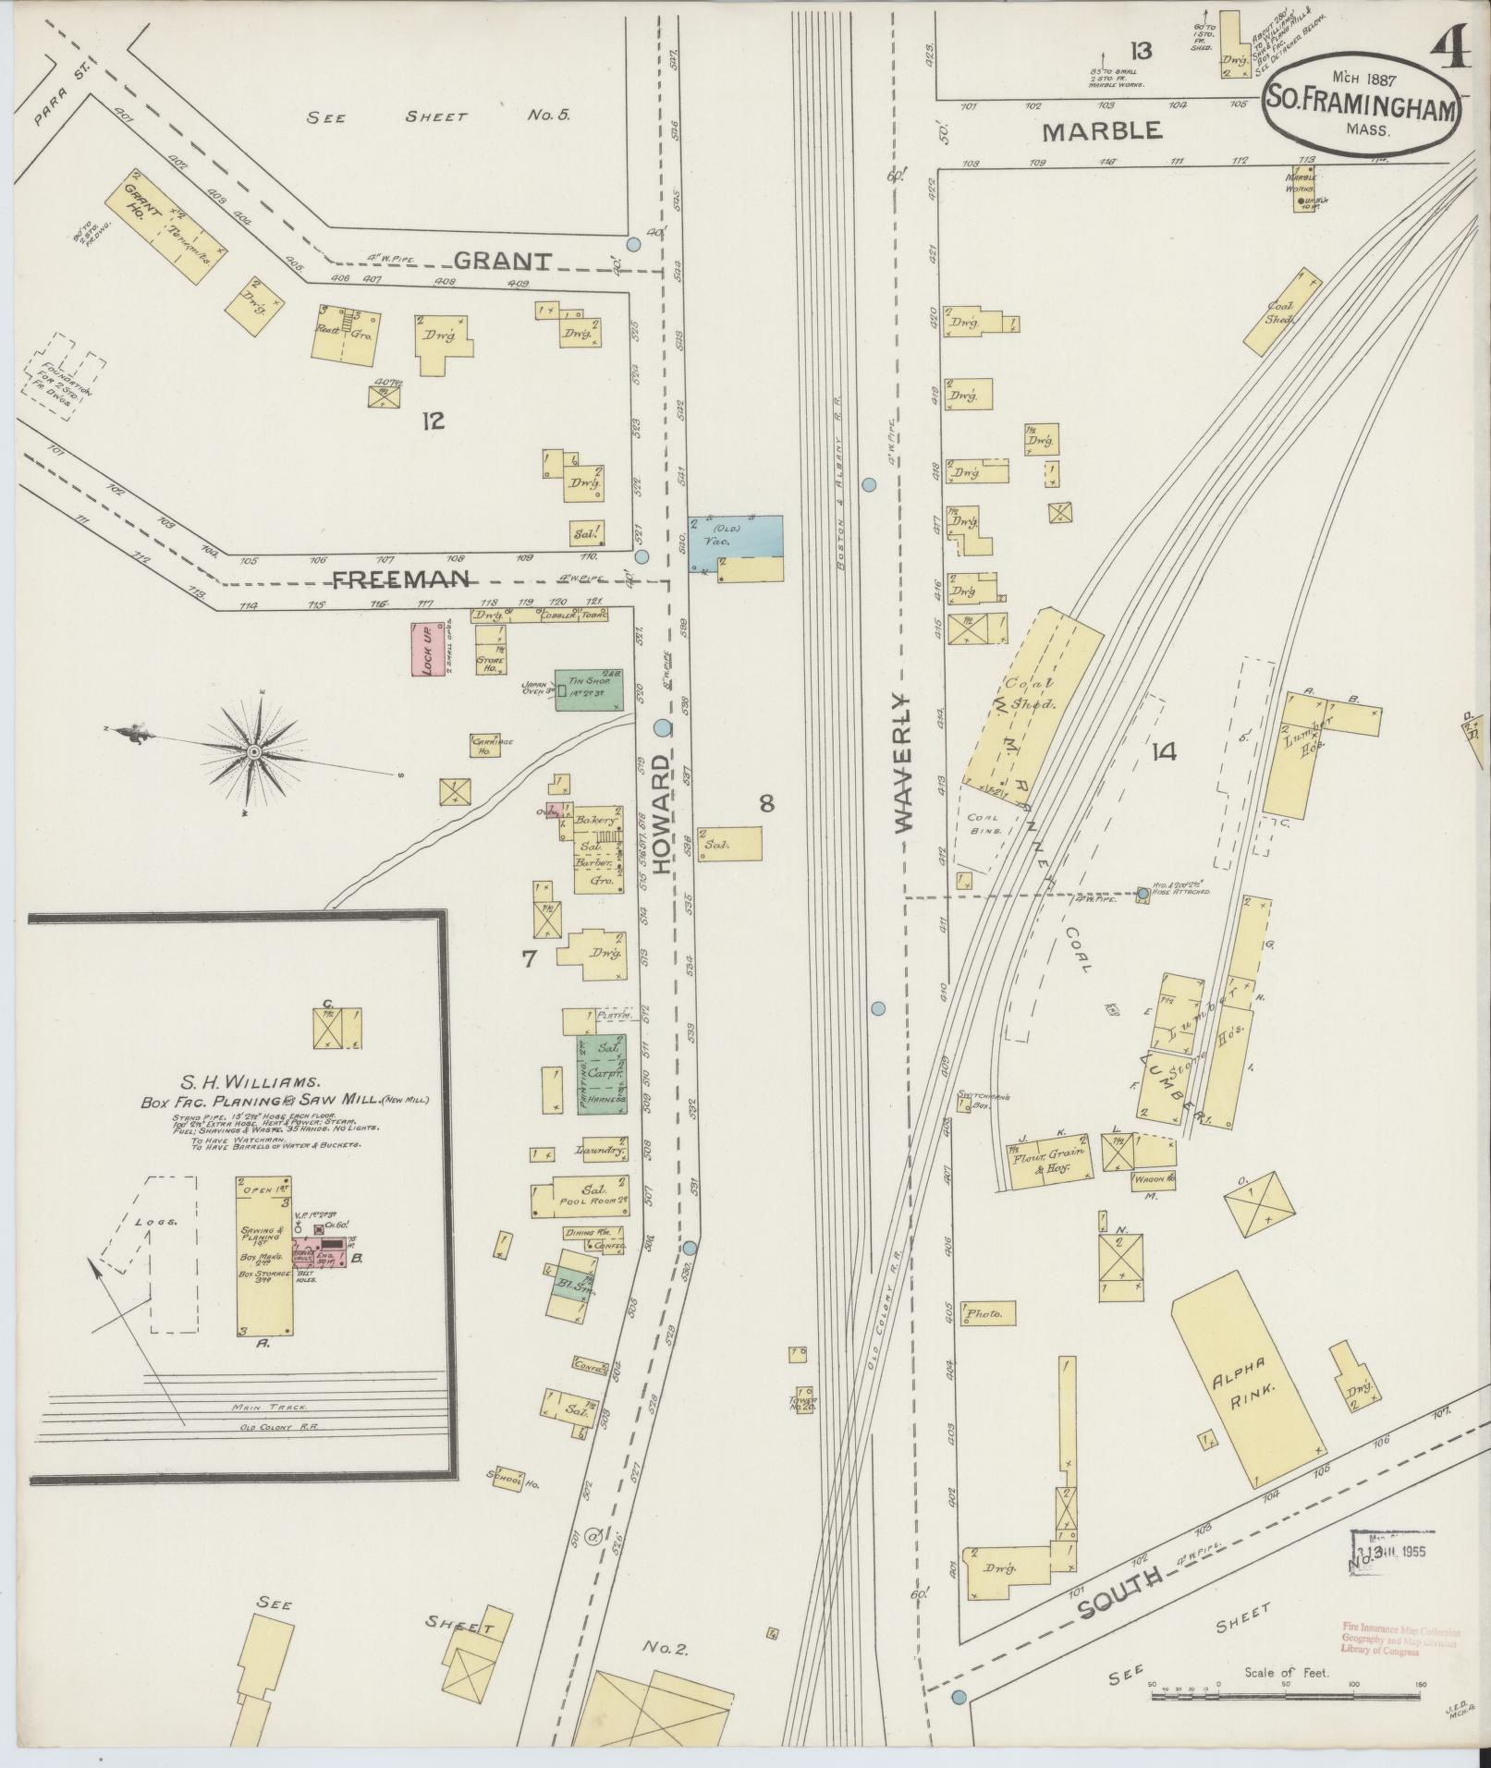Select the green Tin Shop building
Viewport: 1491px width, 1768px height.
coord(587,690)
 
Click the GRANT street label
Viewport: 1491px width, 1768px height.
coord(503,261)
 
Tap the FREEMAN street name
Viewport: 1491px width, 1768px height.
coord(401,579)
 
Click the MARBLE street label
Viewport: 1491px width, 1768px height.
coord(1102,131)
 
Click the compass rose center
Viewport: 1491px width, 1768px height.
coord(252,753)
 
